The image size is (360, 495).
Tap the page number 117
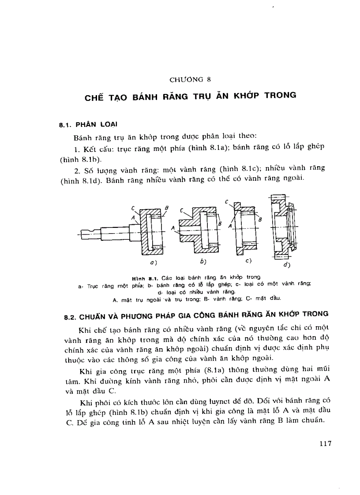pos(325,443)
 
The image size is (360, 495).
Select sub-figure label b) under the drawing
pos(203,262)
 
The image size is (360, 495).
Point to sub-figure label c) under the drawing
pos(248,261)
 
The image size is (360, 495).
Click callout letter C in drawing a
pos(133,208)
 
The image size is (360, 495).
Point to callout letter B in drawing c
pos(260,219)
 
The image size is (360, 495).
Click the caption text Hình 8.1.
pos(147,278)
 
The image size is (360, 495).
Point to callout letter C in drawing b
pos(181,211)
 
